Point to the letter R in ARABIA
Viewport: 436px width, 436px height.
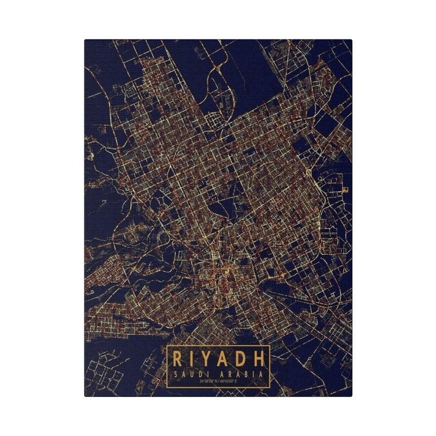pos(233,374)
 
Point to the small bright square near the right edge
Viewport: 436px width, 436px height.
pos(344,189)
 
